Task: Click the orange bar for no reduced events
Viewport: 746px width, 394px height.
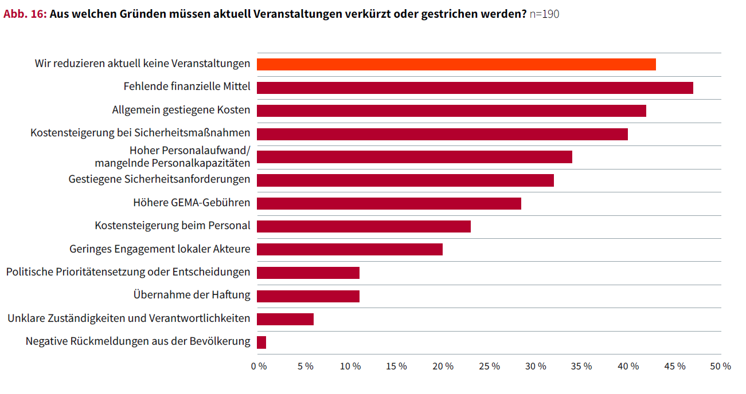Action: pos(456,64)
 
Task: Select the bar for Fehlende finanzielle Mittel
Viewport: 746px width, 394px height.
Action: pos(475,88)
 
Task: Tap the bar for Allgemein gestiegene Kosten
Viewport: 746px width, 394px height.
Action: pos(451,111)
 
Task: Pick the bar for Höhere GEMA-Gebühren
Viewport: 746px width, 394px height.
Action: pos(389,203)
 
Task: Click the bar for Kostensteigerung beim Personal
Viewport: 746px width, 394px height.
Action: pos(364,226)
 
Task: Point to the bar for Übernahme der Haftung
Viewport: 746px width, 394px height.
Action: pos(308,296)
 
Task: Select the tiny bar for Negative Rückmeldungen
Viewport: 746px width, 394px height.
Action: pos(261,342)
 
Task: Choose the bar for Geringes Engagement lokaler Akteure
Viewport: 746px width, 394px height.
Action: pos(350,250)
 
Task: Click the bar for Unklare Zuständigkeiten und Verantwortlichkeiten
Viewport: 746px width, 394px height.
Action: pos(285,319)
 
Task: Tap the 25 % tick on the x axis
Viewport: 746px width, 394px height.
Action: pos(489,367)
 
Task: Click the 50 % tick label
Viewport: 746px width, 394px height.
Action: pos(721,367)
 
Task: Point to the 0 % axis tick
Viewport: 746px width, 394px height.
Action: pos(259,367)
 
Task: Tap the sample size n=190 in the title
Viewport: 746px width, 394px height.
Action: pos(544,14)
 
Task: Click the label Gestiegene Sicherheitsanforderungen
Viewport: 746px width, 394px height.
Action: pos(159,179)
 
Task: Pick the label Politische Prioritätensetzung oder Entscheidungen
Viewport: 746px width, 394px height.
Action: pos(128,272)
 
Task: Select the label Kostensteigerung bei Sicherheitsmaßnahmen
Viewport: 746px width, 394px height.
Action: pos(140,133)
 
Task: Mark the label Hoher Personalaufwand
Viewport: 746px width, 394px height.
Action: pos(190,151)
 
